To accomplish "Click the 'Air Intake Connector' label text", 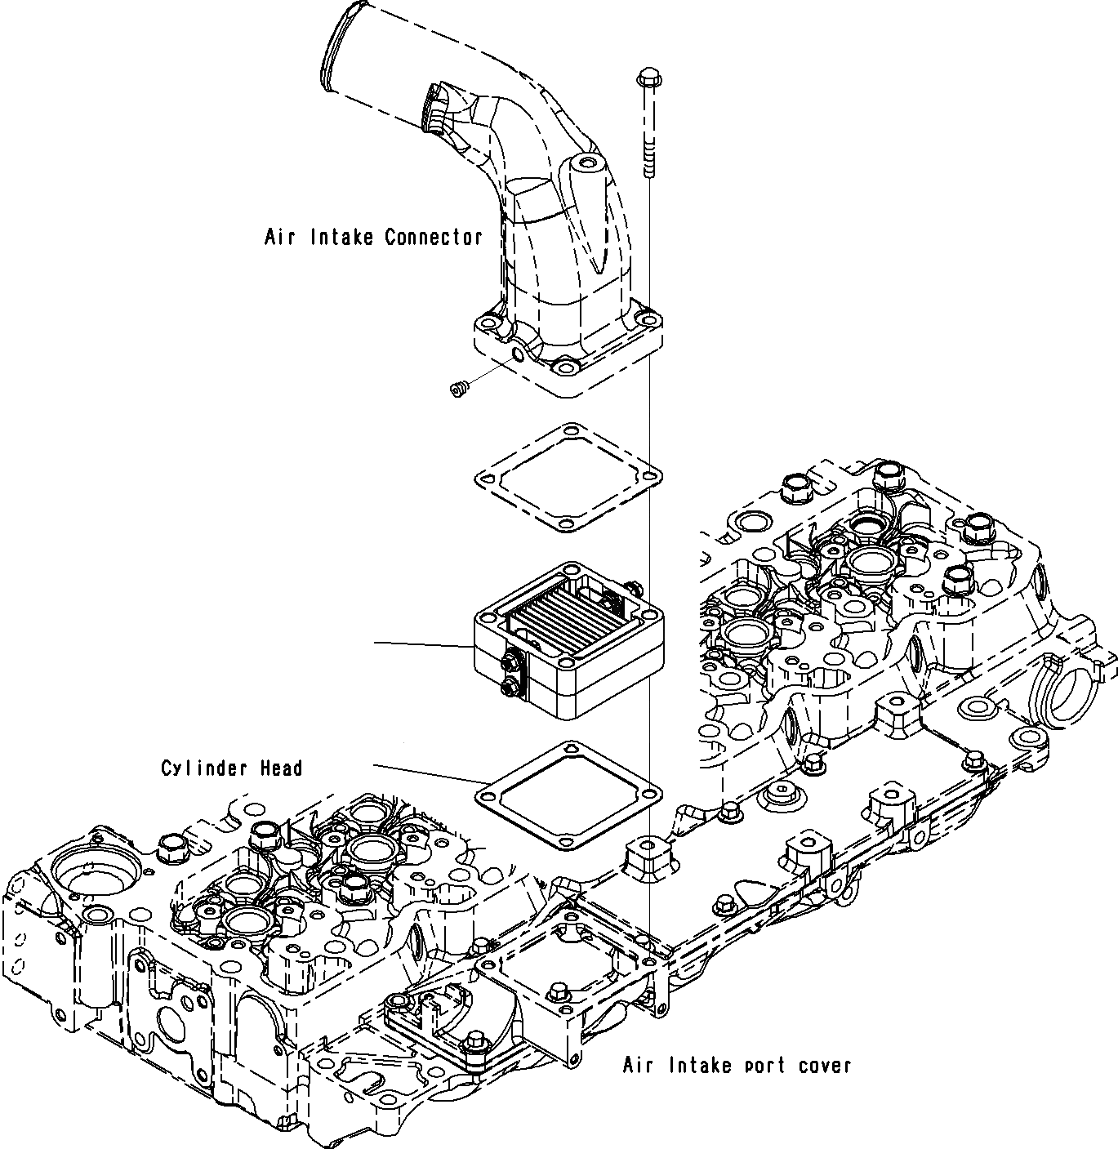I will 373,238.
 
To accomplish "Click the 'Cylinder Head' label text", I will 231,768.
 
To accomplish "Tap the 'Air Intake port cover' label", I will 737,1066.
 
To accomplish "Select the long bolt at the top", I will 648,122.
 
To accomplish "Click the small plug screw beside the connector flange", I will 458,389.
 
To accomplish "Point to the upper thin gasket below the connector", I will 568,477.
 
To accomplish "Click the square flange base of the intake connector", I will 568,351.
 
